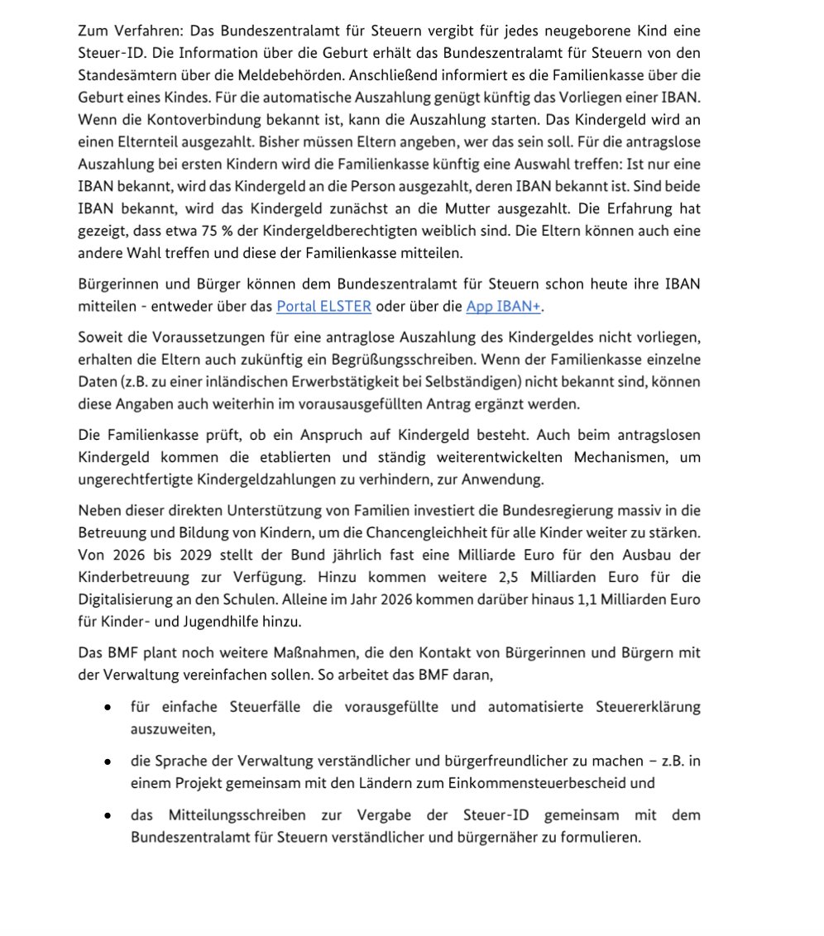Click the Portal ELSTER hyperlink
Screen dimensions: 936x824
tap(323, 307)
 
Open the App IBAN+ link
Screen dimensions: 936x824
tap(503, 307)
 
